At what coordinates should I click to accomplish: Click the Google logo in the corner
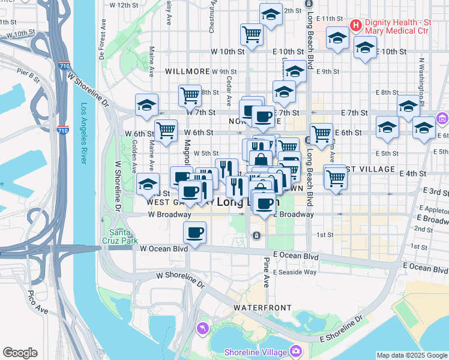pos(20,353)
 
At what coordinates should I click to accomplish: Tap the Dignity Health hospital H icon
pos(355,25)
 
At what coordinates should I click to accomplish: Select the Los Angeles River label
pos(85,141)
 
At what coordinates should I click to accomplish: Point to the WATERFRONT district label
pos(258,307)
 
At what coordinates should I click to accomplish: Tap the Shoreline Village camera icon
pos(295,350)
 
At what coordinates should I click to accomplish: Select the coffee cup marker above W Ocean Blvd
pos(194,232)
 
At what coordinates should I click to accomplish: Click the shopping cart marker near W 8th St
pos(190,95)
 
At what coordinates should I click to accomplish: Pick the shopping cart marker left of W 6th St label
pos(166,129)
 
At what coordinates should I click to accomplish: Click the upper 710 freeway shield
pos(62,65)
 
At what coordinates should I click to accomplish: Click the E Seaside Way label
pos(295,272)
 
